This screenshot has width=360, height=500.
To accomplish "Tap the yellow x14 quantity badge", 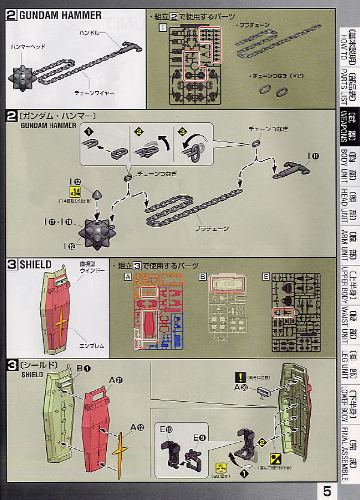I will point(75,192).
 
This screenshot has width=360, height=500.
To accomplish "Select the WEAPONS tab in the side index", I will point(348,126).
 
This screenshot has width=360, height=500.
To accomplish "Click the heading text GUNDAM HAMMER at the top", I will point(60,15).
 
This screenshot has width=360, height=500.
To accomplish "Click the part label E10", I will point(165,429).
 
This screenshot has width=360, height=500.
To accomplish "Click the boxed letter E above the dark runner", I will point(265,276).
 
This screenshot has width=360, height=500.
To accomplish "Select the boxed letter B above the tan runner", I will point(203,276).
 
